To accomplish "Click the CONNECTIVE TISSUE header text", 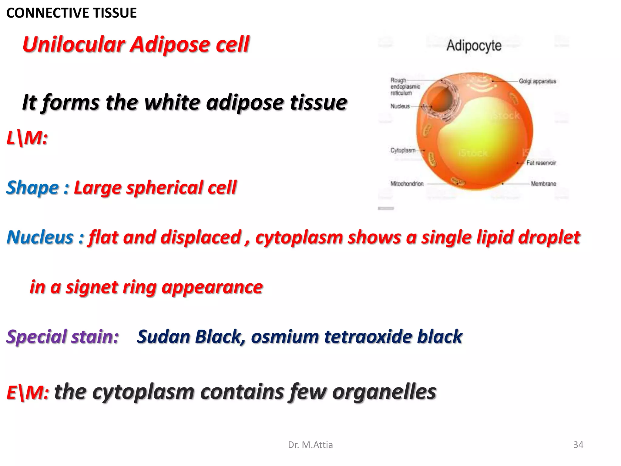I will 71,13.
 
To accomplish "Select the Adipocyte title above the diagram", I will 474,46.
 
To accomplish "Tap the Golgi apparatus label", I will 537,81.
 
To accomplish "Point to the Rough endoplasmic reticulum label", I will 405,86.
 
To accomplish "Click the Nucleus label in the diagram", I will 400,106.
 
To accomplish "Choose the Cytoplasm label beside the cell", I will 403,150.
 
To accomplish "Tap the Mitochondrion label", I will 407,184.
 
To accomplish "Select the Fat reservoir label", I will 541,163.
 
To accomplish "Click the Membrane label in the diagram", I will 543,184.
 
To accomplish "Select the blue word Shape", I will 33,187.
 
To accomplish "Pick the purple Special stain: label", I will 62,337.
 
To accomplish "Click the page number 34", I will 578,445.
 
